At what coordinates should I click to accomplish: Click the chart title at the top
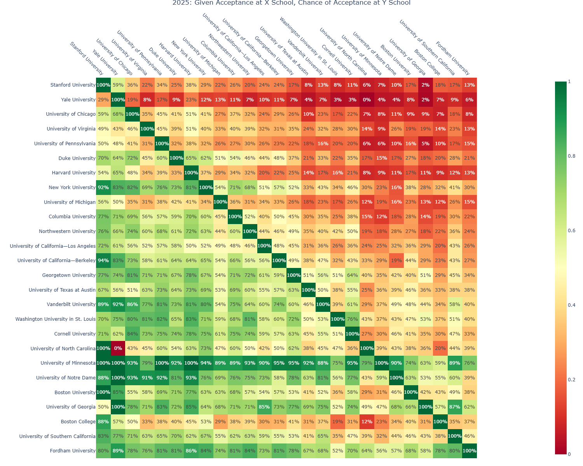[x=291, y=3]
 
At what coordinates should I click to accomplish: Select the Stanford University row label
[x=73, y=85]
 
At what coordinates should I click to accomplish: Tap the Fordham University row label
[x=72, y=451]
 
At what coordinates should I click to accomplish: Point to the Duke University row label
[x=77, y=158]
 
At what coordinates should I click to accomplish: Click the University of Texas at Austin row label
[x=62, y=290]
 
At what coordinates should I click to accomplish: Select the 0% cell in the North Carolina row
[x=118, y=348]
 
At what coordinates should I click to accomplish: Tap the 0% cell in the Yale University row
[x=367, y=100]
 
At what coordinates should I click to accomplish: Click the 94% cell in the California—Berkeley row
[x=103, y=261]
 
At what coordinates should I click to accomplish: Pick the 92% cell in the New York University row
[x=103, y=187]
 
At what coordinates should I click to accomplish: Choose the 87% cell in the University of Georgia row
[x=455, y=407]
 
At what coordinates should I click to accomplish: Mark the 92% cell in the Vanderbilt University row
[x=118, y=304]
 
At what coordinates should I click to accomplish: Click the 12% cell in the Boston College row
[x=367, y=422]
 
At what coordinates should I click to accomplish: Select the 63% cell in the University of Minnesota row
[x=426, y=363]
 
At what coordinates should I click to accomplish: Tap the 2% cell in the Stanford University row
[x=426, y=85]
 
